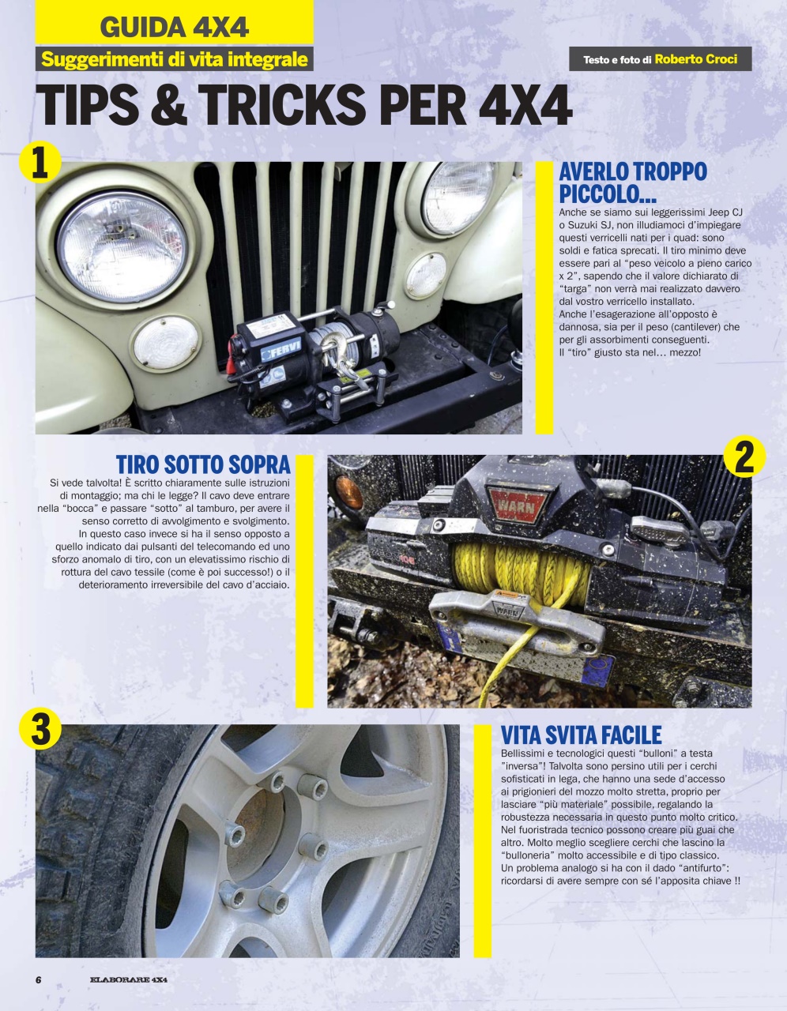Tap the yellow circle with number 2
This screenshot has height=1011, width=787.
(x=744, y=456)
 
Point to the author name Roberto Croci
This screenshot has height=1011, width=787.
(x=696, y=58)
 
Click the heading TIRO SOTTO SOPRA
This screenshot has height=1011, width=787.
(x=203, y=464)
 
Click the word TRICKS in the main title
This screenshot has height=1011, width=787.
(x=279, y=107)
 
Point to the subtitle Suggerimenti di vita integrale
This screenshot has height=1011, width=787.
(x=174, y=59)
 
